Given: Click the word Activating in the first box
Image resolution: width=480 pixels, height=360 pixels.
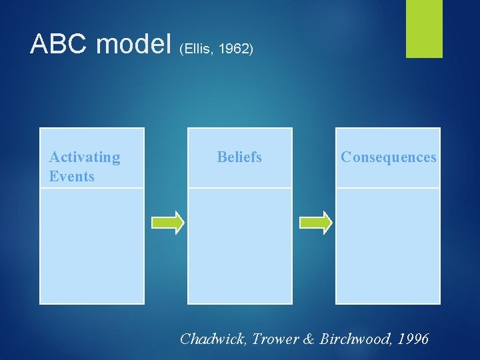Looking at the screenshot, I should pyautogui.click(x=85, y=157).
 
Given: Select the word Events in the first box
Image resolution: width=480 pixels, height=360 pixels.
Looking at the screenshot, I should pyautogui.click(x=72, y=177).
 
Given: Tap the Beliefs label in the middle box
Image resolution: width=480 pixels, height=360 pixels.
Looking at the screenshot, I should pyautogui.click(x=239, y=157).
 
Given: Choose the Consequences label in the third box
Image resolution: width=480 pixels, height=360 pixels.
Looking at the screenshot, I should pyautogui.click(x=388, y=157).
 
